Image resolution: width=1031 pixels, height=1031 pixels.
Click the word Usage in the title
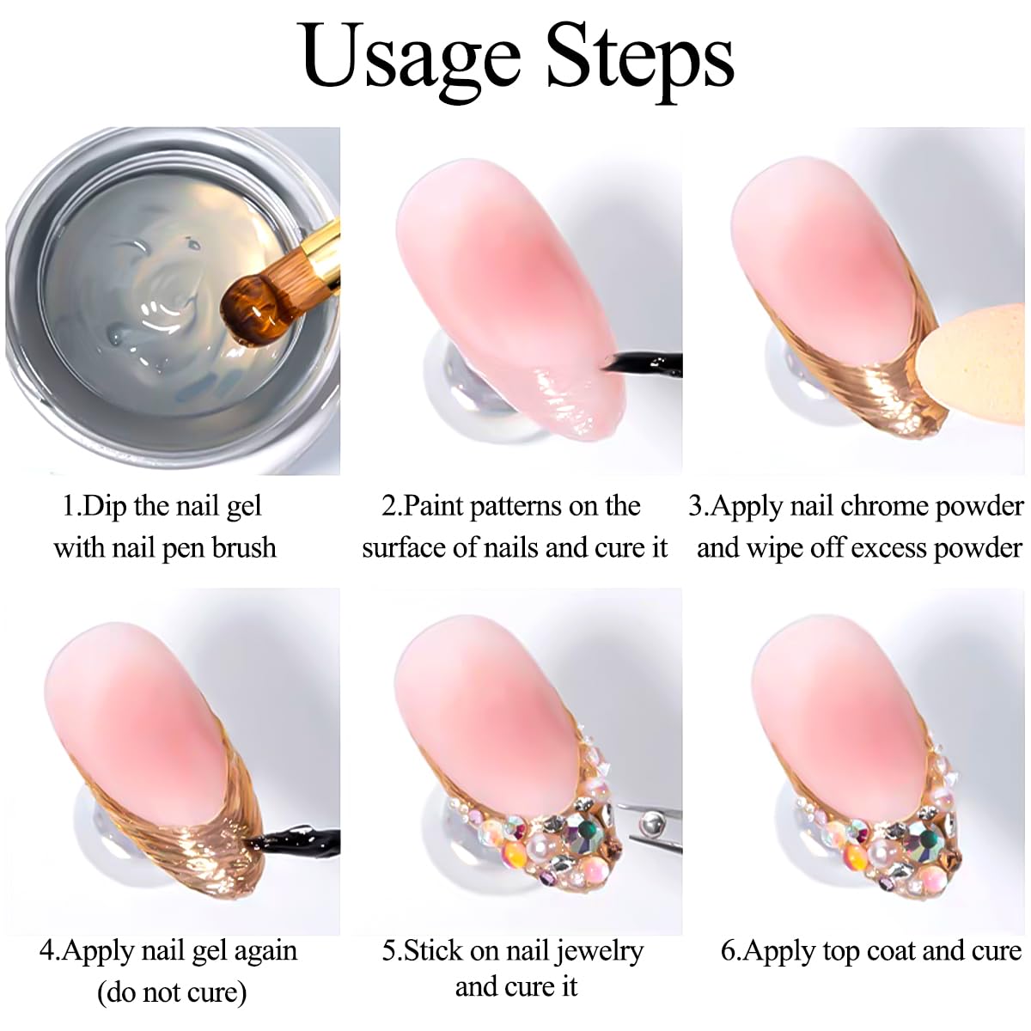(x=411, y=57)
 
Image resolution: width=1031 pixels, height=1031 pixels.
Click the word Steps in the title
(x=640, y=57)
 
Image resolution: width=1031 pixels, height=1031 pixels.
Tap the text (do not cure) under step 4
(x=172, y=992)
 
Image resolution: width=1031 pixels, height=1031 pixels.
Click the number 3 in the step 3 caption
(x=696, y=506)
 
